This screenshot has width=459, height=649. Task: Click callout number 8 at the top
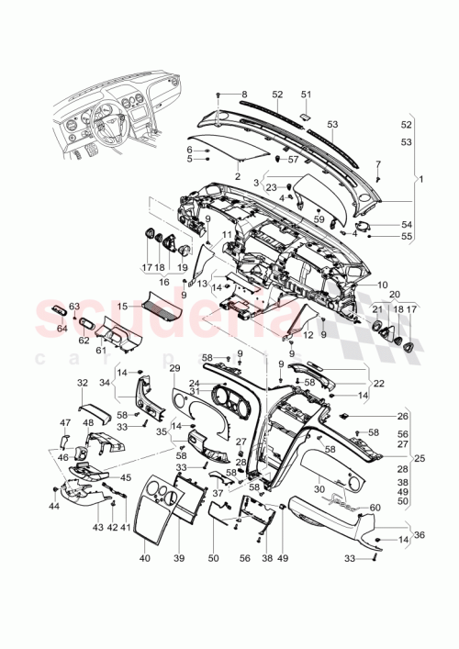pos(244,95)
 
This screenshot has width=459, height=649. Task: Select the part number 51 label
pos(307,94)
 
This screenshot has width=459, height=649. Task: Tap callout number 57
pos(294,160)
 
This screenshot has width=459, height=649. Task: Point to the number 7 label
pos(377,163)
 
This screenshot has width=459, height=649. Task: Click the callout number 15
pos(122,305)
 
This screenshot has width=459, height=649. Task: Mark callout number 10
pos(382,285)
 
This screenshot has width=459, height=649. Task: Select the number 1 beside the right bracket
pos(420,179)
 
